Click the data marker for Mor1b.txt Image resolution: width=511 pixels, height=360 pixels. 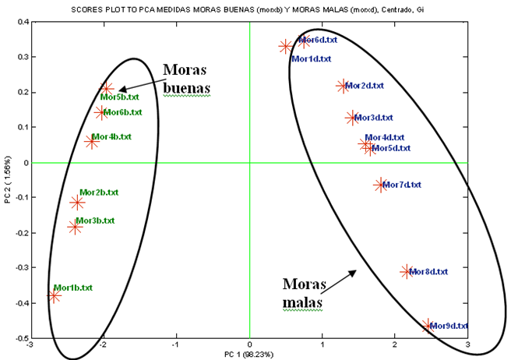point(54,296)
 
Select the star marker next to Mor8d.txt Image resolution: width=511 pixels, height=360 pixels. point(406,271)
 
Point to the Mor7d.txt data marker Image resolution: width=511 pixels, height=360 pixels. point(380,185)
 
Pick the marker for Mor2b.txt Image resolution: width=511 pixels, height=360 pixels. point(77,203)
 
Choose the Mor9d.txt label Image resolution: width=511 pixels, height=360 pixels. point(449,326)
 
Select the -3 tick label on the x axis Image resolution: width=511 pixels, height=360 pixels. point(30,344)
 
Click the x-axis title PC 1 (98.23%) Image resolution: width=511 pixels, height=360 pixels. point(249,354)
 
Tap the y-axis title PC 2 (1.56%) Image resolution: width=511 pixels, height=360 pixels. point(6,180)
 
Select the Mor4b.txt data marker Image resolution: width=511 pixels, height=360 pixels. point(92,142)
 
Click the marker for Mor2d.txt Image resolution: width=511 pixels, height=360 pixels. point(343,86)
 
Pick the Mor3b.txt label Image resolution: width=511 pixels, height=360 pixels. point(95,221)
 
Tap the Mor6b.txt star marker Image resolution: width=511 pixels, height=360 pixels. point(101,112)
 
